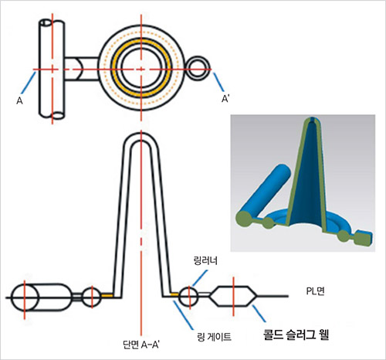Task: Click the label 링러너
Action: [x=205, y=261]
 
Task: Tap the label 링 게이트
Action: [x=214, y=337]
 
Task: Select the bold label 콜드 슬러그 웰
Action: [x=296, y=335]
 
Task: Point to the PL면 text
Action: [x=315, y=291]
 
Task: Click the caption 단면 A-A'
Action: [x=141, y=345]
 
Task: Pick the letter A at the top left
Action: [x=19, y=100]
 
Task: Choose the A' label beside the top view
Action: [x=225, y=99]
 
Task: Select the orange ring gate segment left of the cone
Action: [x=107, y=296]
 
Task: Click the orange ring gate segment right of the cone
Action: [x=174, y=294]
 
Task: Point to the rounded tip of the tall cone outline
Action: [x=141, y=133]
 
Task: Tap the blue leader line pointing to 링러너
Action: [x=200, y=278]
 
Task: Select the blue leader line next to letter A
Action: [x=29, y=83]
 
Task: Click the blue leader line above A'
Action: [x=218, y=83]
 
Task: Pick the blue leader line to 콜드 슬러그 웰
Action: [x=259, y=314]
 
